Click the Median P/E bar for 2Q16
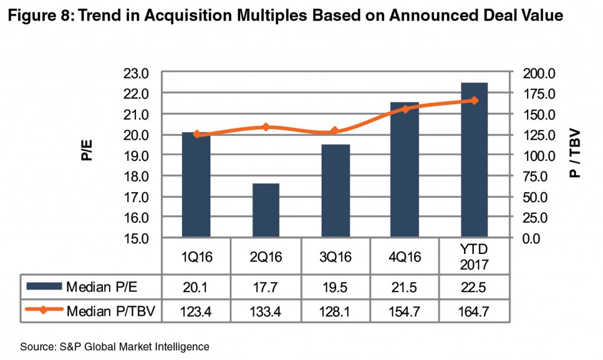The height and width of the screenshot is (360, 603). [x=266, y=210]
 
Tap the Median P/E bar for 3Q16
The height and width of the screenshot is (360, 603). [x=335, y=191]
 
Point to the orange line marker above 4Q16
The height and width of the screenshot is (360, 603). [x=405, y=109]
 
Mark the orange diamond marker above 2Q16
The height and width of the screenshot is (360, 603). [x=266, y=127]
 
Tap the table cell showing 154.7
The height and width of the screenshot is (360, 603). [x=405, y=312]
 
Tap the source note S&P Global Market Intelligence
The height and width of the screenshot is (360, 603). [x=114, y=347]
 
